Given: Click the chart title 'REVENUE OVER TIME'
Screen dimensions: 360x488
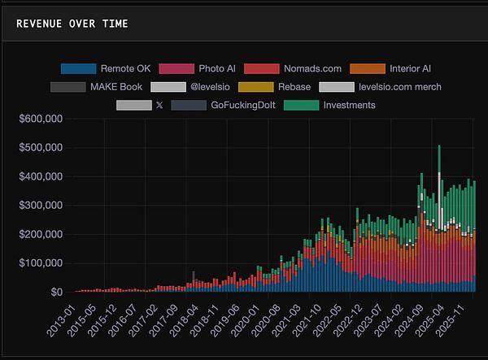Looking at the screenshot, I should pos(72,24).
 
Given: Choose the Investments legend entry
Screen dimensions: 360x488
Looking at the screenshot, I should pos(349,105).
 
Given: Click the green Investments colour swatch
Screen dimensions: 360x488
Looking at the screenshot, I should pos(301,105).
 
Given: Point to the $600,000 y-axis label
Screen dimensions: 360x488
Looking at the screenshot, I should pos(41,119).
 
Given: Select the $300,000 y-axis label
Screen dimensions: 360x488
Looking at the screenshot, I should pos(41,206).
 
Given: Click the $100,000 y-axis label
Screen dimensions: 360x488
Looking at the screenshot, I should pos(41,263).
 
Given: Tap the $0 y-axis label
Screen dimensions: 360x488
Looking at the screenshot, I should pos(55,292).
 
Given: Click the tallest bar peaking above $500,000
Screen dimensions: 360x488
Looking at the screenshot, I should pos(439,219).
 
